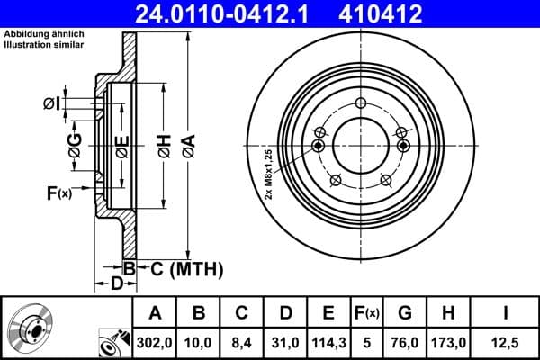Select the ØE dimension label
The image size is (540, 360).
pyautogui.click(x=121, y=144)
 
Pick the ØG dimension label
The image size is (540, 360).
pyautogui.click(x=76, y=141)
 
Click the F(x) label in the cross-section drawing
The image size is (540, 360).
pyautogui.click(x=58, y=191)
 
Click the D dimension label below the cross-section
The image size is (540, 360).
pyautogui.click(x=115, y=284)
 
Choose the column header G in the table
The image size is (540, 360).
pyautogui.click(x=404, y=313)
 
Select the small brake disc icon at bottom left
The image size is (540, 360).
pyautogui.click(x=30, y=328)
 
